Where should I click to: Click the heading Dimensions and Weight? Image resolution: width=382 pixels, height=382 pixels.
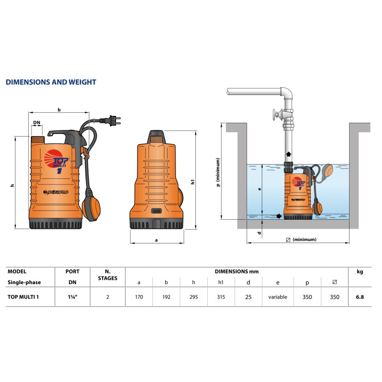tap(51, 82)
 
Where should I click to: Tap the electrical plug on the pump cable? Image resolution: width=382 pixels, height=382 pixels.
tap(112, 121)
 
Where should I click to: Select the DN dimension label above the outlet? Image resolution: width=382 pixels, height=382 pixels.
tap(37, 122)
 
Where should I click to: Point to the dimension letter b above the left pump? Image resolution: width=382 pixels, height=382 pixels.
tap(59, 110)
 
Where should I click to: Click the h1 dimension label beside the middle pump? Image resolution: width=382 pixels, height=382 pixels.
tap(193, 182)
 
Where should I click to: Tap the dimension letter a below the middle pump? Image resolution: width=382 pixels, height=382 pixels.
tap(157, 240)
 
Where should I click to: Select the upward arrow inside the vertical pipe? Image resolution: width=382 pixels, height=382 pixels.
tap(288, 154)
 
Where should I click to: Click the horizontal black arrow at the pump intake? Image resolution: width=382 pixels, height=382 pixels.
tap(279, 216)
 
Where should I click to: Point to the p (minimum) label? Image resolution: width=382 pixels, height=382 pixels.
tap(218, 172)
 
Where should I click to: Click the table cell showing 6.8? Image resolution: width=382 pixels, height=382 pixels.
tap(360, 297)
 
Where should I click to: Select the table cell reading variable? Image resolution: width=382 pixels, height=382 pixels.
tap(278, 297)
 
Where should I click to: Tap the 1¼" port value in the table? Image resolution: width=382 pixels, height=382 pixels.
tap(73, 297)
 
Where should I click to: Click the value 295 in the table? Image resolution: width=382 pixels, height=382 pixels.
tap(194, 297)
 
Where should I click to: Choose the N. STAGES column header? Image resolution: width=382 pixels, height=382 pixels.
tap(107, 275)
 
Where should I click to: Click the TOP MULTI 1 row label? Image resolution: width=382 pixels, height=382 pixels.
tap(23, 297)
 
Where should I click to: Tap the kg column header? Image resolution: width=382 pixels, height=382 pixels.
tap(360, 272)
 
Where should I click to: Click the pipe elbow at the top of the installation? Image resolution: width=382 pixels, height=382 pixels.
tap(287, 93)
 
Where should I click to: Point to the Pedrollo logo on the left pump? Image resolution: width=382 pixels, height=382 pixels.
tap(56, 192)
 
